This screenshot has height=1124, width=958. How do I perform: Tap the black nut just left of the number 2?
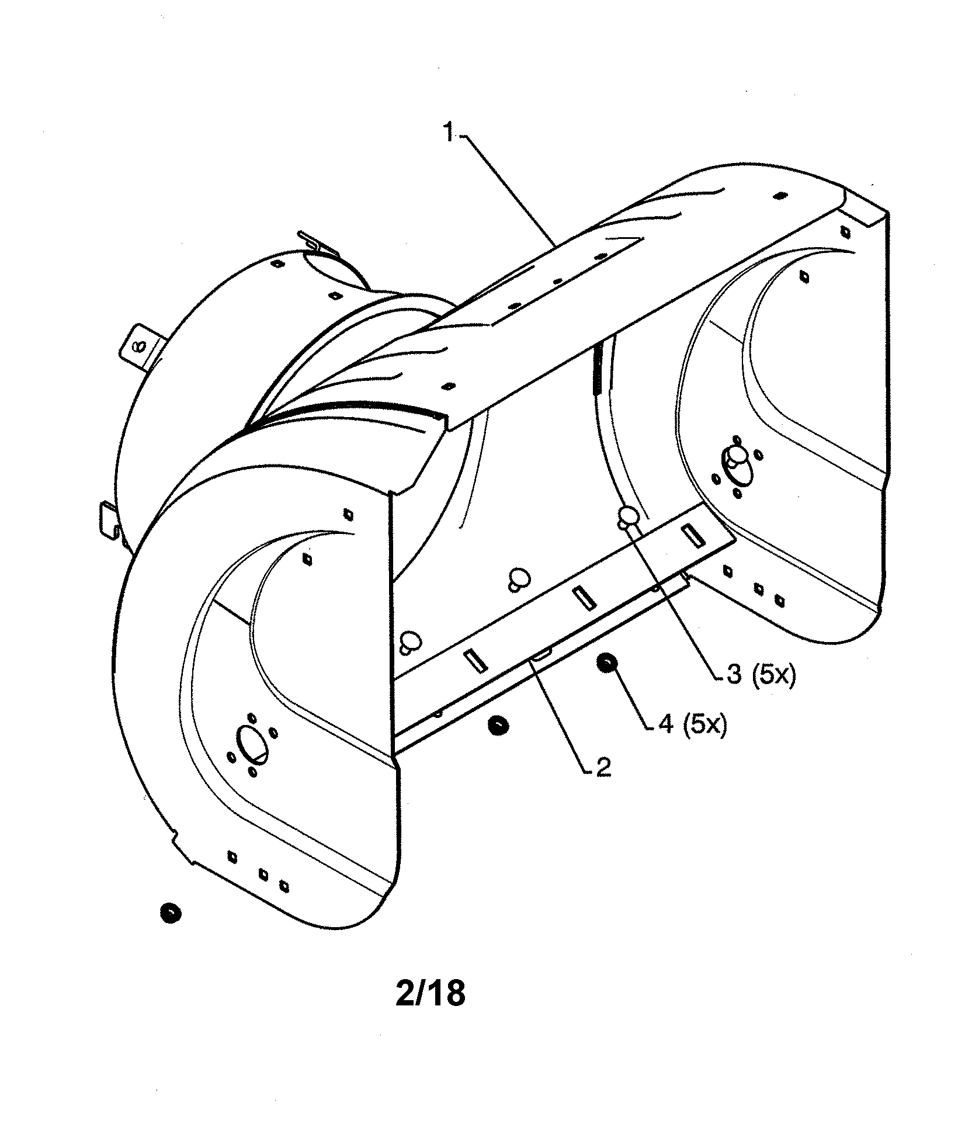point(497,726)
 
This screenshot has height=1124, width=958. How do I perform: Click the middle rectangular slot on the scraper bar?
point(583,598)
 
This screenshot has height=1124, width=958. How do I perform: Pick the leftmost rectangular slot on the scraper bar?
point(475,660)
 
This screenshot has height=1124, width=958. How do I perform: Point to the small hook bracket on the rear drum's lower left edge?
point(109,517)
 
